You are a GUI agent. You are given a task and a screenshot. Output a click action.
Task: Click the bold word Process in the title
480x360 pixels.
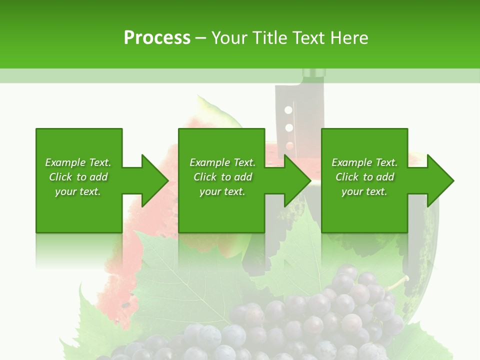pos(157,38)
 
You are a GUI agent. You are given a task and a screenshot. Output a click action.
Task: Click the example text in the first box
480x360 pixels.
pos(78,177)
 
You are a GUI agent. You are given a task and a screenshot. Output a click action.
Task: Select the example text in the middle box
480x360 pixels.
pos(222,177)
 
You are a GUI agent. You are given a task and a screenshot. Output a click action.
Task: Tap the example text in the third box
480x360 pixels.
pos(364,177)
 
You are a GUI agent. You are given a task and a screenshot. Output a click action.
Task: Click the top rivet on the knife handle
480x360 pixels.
pos(288,109)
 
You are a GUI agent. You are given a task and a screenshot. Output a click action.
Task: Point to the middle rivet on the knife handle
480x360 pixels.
pos(288,127)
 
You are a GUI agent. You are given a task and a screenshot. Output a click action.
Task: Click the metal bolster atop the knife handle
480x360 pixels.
pos(313,74)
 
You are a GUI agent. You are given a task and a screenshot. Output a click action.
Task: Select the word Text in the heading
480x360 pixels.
pos(310,38)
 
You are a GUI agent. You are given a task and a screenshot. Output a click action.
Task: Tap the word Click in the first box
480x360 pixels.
pos(61,177)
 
